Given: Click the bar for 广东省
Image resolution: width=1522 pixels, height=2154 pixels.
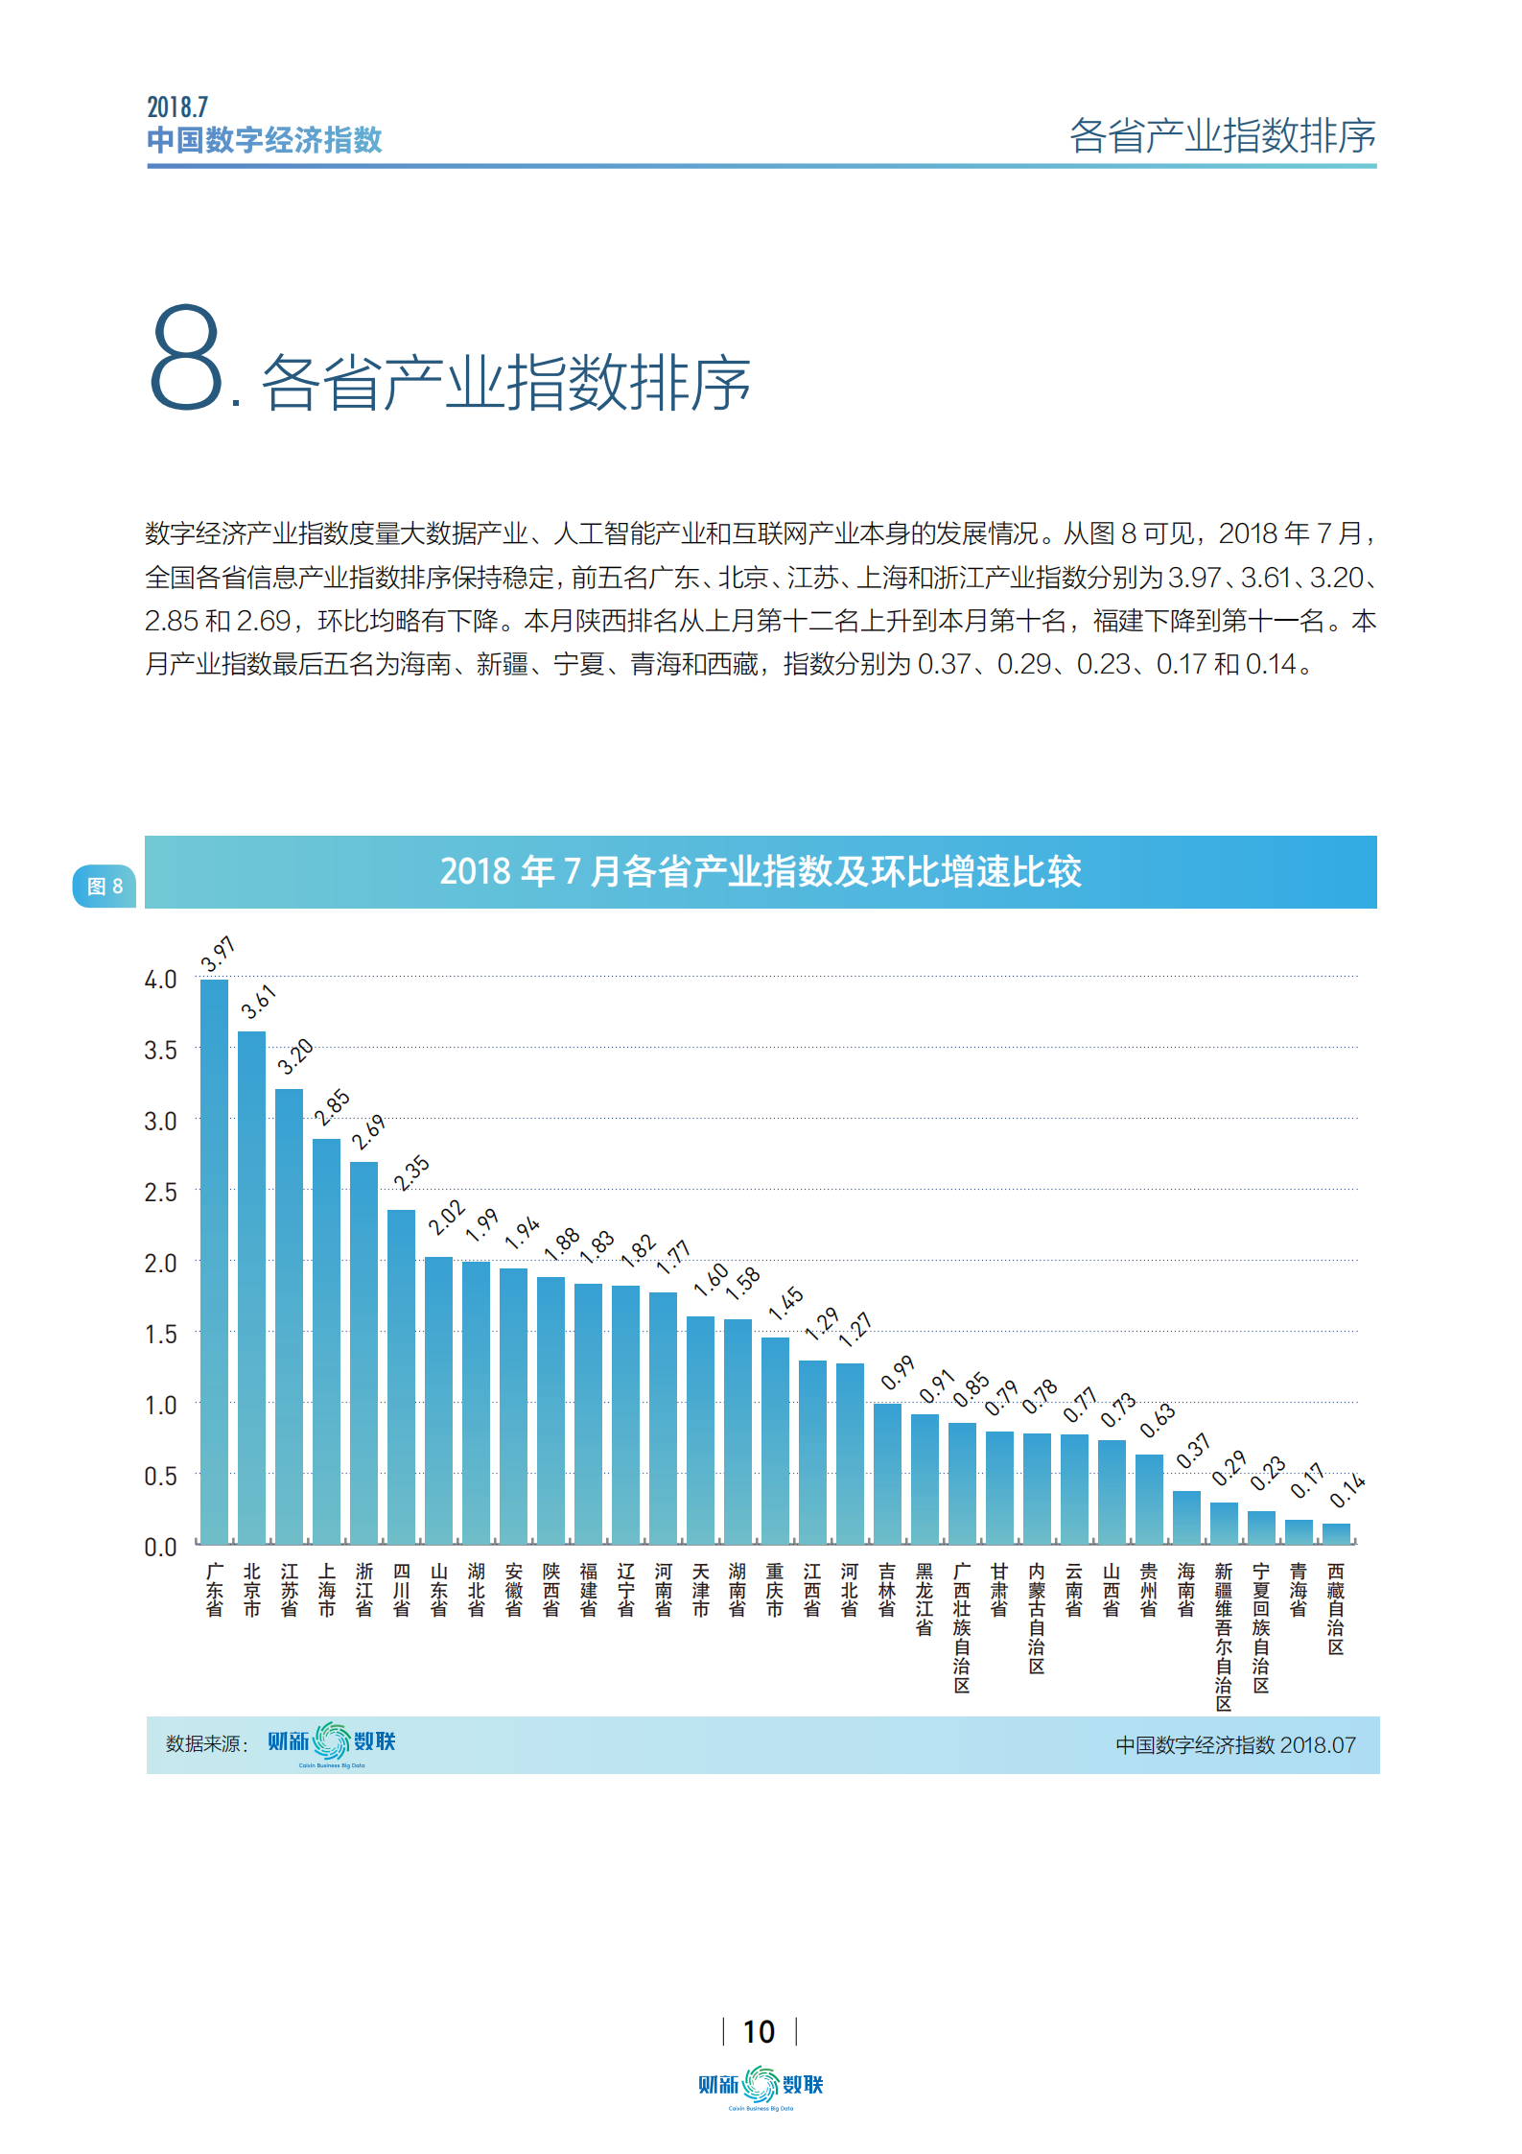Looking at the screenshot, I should click(x=214, y=1261).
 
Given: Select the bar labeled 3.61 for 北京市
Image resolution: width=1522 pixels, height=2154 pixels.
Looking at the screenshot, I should click(x=251, y=1287).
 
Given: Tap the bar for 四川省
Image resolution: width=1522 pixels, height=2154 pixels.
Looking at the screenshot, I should click(x=401, y=1376).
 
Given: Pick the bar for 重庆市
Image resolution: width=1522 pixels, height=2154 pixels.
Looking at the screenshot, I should click(x=775, y=1439).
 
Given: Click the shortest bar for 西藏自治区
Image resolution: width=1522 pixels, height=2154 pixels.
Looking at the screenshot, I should click(x=1336, y=1533).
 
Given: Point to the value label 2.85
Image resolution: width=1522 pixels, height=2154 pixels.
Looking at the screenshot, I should click(x=332, y=1107).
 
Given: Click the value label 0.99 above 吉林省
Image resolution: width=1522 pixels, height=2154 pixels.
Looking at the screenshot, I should click(x=898, y=1373).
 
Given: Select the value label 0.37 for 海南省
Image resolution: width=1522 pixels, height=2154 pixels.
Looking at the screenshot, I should click(x=1193, y=1452).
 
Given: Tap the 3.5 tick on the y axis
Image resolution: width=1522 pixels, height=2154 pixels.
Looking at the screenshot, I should click(x=160, y=1051).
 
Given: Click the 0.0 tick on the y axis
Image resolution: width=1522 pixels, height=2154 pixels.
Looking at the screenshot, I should click(x=160, y=1547).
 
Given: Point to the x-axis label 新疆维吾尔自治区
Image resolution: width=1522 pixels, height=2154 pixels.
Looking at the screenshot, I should click(x=1224, y=1637).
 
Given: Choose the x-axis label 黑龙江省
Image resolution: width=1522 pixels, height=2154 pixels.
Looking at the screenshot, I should click(x=925, y=1598).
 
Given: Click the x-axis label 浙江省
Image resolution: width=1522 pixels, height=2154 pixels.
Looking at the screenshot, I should click(x=364, y=1590).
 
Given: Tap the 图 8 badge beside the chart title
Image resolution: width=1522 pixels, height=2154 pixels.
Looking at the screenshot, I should click(x=105, y=886).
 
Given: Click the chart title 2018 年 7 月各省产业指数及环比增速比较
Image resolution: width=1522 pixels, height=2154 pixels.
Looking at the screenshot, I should click(x=761, y=871).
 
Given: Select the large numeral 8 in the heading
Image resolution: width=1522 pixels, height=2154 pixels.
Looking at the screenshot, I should click(x=186, y=358).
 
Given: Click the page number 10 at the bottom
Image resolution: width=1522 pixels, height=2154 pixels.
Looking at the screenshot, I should click(x=759, y=2031).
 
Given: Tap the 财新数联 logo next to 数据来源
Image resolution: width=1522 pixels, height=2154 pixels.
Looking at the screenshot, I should click(x=331, y=1741).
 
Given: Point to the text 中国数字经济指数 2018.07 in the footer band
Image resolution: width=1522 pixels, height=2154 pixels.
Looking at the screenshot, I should click(x=1235, y=1745).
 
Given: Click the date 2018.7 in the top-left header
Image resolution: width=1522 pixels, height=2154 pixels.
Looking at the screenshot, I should click(x=177, y=107).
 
